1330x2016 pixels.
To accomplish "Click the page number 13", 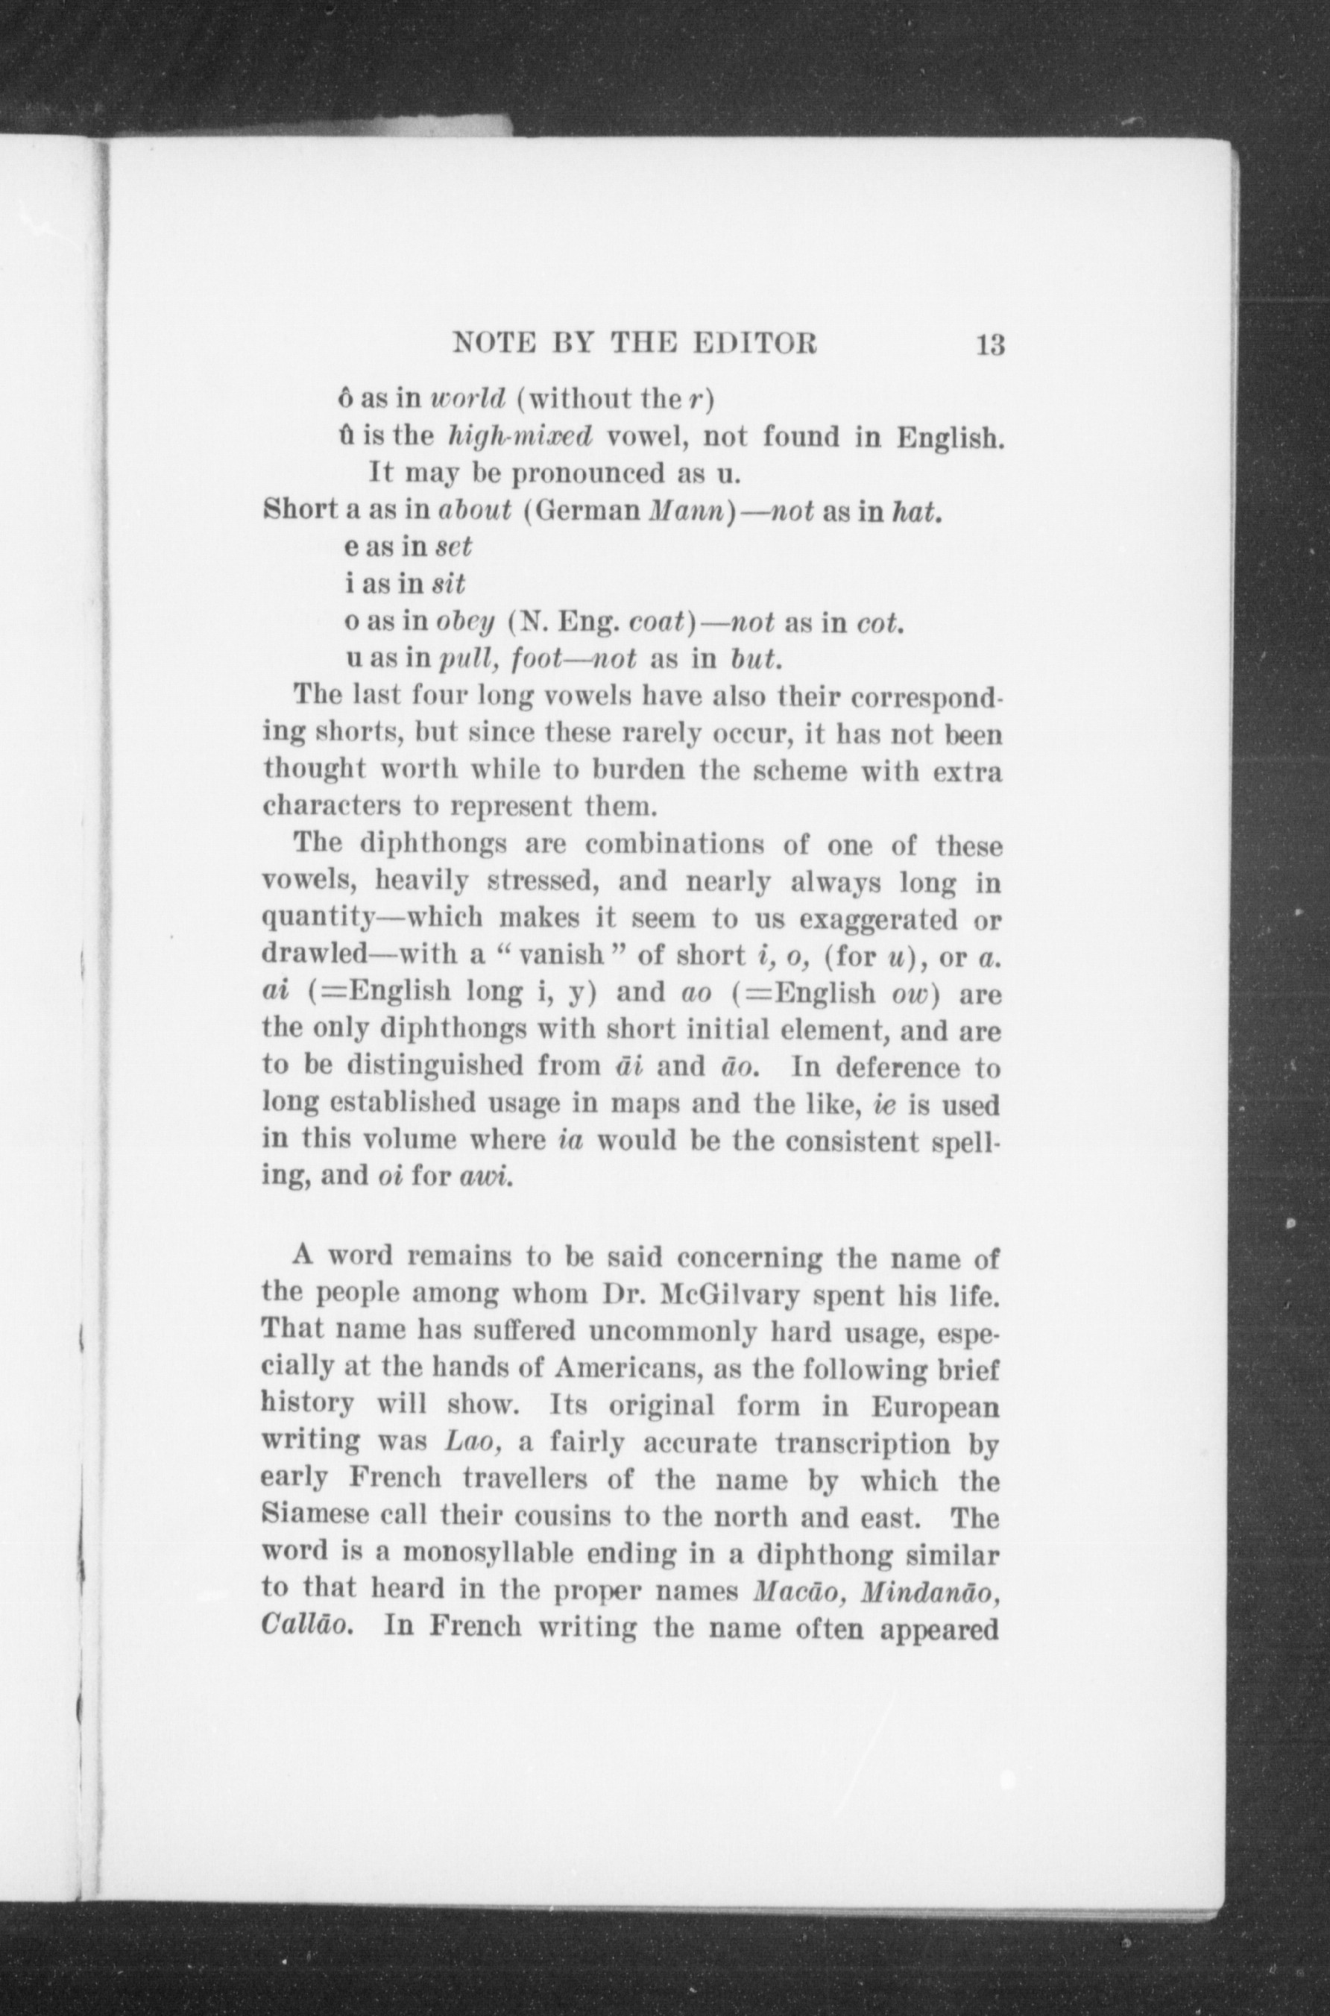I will click(x=990, y=345).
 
